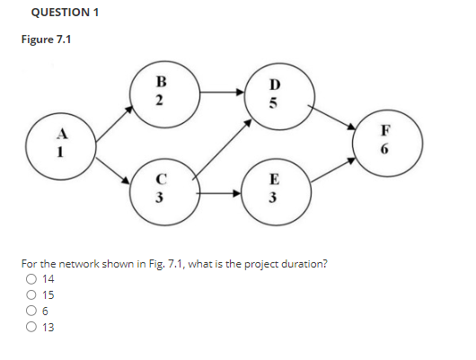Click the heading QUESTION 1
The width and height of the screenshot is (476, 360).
coord(65,12)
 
